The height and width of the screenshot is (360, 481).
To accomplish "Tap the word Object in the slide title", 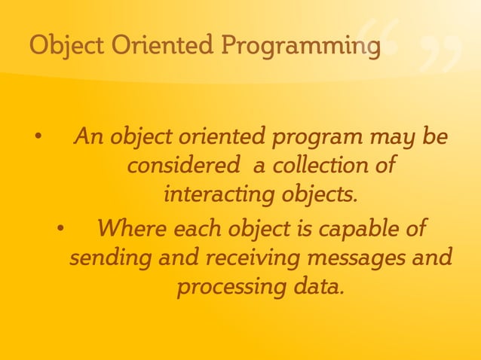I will pyautogui.click(x=66, y=46).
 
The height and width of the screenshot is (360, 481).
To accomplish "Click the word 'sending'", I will pyautogui.click(x=109, y=258).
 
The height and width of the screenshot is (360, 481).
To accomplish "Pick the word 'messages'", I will pyautogui.click(x=353, y=258).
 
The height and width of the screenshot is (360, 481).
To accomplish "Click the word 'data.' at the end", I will pyautogui.click(x=317, y=287).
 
